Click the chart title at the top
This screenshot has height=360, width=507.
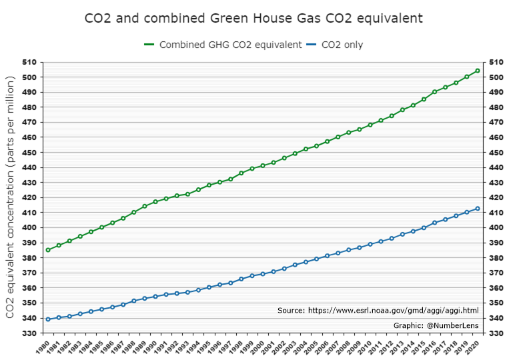point(253,17)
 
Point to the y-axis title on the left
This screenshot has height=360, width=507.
point(11,197)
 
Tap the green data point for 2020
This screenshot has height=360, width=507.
point(477,71)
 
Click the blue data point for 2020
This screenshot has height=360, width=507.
point(477,209)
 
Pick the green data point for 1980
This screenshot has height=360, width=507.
point(48,250)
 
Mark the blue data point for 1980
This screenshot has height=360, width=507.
point(48,319)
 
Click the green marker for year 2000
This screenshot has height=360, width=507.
point(263,165)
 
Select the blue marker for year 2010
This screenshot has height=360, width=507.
point(370,244)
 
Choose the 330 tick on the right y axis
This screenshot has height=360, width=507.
point(495,333)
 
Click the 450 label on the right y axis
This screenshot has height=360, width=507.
point(495,152)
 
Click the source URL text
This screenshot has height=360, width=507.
point(378,310)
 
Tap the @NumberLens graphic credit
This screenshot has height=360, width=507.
point(436,325)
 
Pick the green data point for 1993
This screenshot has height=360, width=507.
point(187,194)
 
